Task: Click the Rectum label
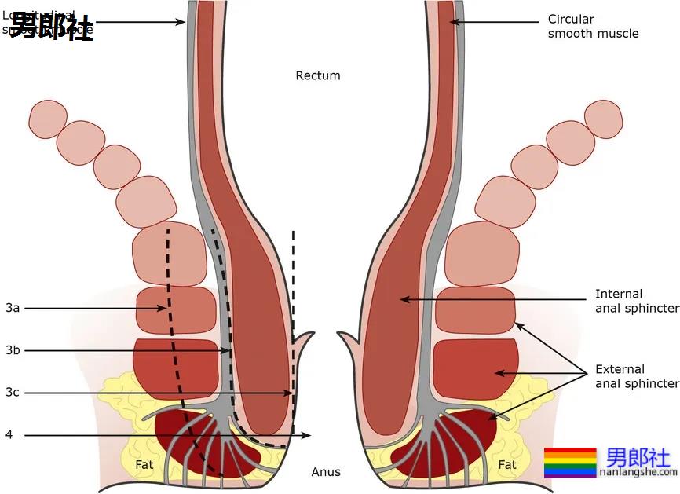point(318,75)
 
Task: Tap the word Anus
point(326,472)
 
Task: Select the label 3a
point(13,308)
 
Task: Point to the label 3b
point(13,350)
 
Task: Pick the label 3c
point(13,392)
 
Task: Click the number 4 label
point(9,434)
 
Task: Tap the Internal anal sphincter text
point(636,302)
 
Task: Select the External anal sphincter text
point(636,376)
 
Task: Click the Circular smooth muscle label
point(593,26)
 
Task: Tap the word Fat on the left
point(144,465)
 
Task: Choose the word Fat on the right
point(507,465)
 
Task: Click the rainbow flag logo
point(570,463)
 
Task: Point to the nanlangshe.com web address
point(638,472)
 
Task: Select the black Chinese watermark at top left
point(51,26)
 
